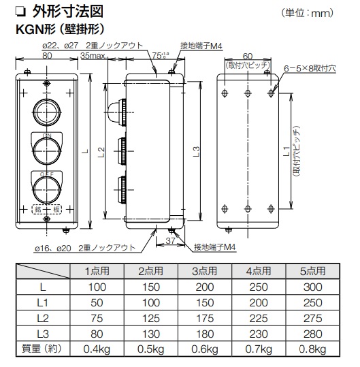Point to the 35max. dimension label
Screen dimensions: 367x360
(x=93, y=56)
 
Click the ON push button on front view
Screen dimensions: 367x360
(x=46, y=148)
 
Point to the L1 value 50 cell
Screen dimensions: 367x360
(x=95, y=302)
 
